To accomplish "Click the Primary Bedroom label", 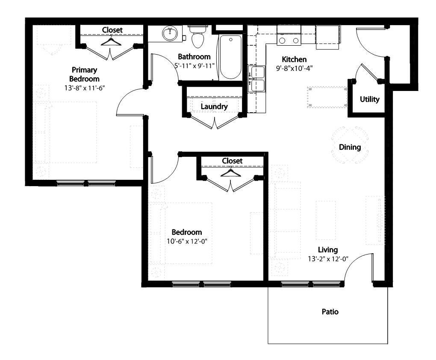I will pyautogui.click(x=85, y=74).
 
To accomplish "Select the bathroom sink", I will pyautogui.click(x=171, y=34).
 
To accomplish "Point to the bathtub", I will pyautogui.click(x=230, y=57).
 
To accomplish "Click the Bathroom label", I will pyautogui.click(x=194, y=56).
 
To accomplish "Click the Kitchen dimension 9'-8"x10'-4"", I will pyautogui.click(x=295, y=68).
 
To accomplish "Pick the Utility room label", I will pyautogui.click(x=369, y=100).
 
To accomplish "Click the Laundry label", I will pyautogui.click(x=214, y=107).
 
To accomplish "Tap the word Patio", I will pyautogui.click(x=330, y=312).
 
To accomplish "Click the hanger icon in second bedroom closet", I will pyautogui.click(x=231, y=172).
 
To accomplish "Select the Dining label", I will pyautogui.click(x=350, y=147).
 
